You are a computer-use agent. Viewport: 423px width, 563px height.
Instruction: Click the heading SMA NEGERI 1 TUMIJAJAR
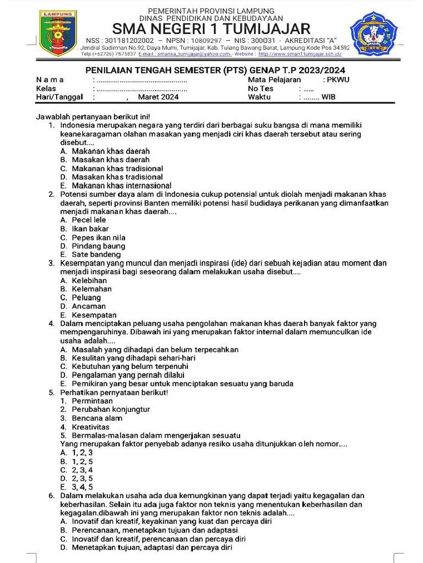[211, 29]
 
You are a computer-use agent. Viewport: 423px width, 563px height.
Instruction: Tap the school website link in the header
[300, 54]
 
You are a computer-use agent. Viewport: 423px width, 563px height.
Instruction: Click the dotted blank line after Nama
[142, 80]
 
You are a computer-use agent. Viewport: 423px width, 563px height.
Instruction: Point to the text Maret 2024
[158, 97]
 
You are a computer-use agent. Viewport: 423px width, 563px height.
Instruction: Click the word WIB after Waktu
[329, 97]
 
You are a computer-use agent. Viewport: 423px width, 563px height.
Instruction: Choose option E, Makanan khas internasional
[121, 186]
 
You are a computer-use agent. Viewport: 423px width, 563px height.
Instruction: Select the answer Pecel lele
[89, 220]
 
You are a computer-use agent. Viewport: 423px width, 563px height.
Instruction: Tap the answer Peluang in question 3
[86, 297]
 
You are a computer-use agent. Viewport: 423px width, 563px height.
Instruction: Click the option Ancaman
[89, 306]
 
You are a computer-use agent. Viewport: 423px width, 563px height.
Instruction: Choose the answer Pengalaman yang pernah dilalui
[124, 375]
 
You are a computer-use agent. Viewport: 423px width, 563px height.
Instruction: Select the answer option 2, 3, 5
[82, 478]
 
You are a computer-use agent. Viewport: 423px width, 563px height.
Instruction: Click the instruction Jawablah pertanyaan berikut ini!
[93, 117]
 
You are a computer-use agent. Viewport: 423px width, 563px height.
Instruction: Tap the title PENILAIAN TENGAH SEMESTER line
[211, 70]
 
